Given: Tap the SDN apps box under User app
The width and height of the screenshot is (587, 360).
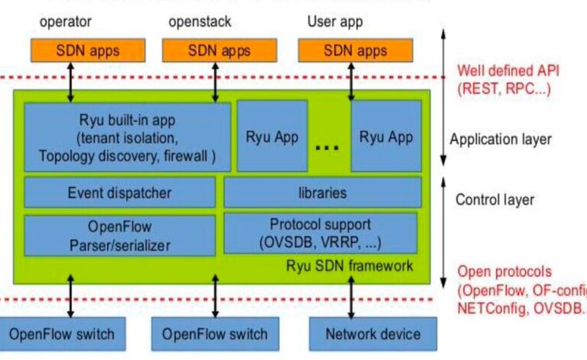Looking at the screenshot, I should [356, 51].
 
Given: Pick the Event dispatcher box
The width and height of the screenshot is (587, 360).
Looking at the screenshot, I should [119, 193].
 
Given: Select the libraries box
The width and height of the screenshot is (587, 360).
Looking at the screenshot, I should [322, 193].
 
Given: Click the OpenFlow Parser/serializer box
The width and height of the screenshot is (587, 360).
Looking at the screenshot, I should [119, 234].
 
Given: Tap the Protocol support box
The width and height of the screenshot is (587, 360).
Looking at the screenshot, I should [321, 233].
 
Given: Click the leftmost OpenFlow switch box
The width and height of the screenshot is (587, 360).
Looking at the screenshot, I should [62, 334].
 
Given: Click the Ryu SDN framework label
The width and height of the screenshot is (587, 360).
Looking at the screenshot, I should [350, 266].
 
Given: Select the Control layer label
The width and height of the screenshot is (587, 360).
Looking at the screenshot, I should [494, 200].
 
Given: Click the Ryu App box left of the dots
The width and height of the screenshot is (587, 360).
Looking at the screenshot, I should [272, 137].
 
